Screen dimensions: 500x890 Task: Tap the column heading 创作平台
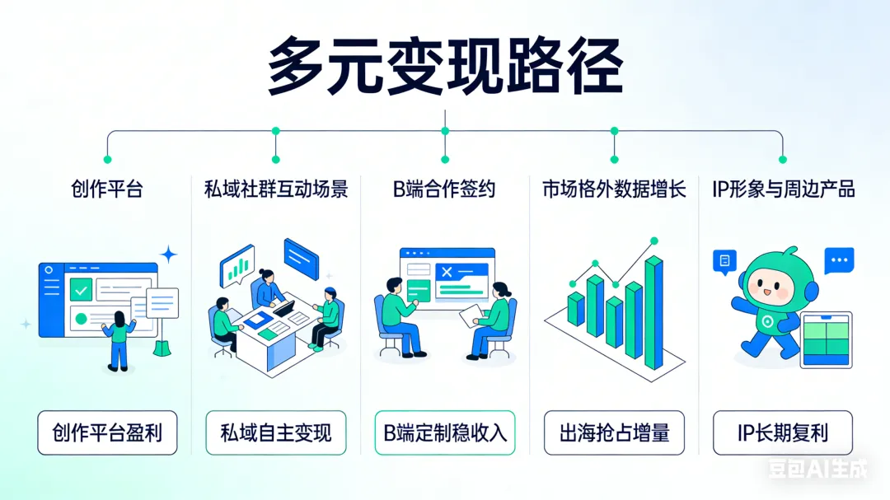(107, 189)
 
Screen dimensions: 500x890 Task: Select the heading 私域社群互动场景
(276, 189)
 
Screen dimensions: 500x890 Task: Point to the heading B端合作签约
(444, 189)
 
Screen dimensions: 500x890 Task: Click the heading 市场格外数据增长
(614, 189)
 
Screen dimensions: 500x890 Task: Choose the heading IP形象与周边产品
(783, 189)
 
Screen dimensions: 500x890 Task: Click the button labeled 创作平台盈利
(107, 432)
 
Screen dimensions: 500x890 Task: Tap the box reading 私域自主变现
(276, 432)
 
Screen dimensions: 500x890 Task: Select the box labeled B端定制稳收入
(445, 432)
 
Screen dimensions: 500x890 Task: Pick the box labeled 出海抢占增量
(614, 432)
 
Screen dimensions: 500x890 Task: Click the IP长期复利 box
(783, 432)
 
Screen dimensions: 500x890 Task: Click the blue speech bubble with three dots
(839, 260)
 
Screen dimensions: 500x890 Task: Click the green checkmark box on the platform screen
(81, 289)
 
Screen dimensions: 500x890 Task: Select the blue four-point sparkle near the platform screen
(169, 254)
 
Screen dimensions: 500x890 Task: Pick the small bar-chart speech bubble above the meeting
(237, 264)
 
